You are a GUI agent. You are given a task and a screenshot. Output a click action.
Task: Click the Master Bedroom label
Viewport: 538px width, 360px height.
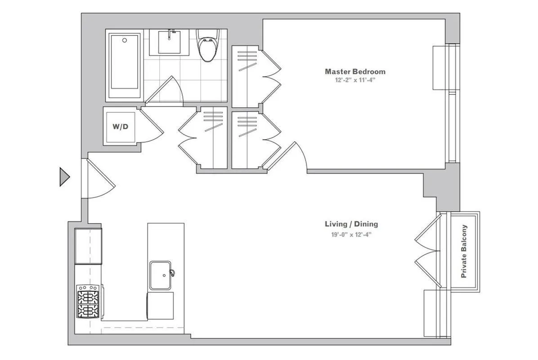pyautogui.click(x=355, y=72)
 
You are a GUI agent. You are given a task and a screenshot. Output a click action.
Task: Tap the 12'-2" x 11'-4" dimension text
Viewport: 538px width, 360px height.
pyautogui.click(x=355, y=80)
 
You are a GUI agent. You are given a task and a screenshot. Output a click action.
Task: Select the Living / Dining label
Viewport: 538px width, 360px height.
pyautogui.click(x=351, y=224)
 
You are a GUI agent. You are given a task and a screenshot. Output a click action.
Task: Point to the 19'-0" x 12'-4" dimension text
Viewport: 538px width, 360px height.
pyautogui.click(x=351, y=234)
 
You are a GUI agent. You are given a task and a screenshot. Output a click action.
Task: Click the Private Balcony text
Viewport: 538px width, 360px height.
pyautogui.click(x=464, y=251)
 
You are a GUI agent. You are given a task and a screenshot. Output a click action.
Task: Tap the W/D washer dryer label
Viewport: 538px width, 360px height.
pyautogui.click(x=120, y=126)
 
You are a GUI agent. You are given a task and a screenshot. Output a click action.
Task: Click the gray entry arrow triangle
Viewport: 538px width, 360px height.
pyautogui.click(x=64, y=177)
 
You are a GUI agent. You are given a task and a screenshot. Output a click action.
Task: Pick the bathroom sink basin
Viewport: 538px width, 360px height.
pyautogui.click(x=173, y=42)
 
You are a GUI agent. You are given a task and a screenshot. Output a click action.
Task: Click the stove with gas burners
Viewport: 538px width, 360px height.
pyautogui.click(x=89, y=301)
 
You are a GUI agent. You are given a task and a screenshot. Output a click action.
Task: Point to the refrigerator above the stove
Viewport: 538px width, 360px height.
pyautogui.click(x=88, y=246)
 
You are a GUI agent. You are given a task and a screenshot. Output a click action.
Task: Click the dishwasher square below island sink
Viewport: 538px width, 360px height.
pyautogui.click(x=161, y=306)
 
